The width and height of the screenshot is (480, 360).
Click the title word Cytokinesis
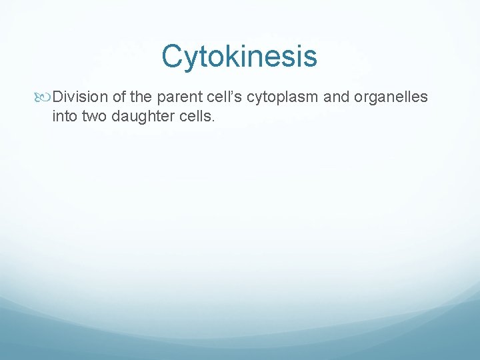pyautogui.click(x=239, y=57)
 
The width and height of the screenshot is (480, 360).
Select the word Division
pyautogui.click(x=80, y=97)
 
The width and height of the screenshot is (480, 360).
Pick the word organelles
pyautogui.click(x=389, y=97)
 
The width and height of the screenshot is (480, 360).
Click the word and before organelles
pyautogui.click(x=337, y=97)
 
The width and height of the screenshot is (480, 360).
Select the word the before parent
pyautogui.click(x=143, y=97)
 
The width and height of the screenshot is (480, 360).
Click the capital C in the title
pyautogui.click(x=171, y=57)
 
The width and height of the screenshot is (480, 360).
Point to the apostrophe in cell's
pyautogui.click(x=233, y=93)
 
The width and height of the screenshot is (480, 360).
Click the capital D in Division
pyautogui.click(x=57, y=97)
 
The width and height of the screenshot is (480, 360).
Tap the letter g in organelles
pyautogui.click(x=369, y=99)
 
